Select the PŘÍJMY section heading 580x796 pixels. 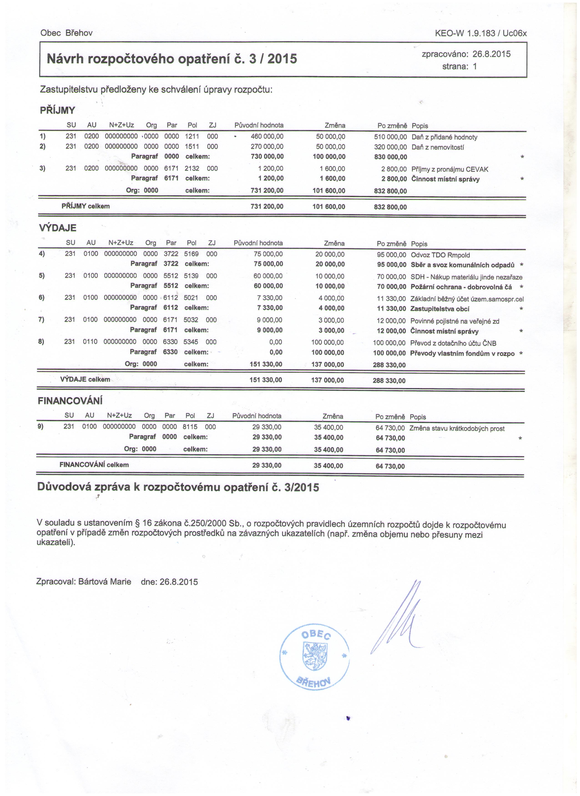pyautogui.click(x=57, y=110)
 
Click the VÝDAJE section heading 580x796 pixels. pyautogui.click(x=57, y=228)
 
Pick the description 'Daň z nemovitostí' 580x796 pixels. pyautogui.click(x=437, y=147)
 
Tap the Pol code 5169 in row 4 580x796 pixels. pyautogui.click(x=191, y=254)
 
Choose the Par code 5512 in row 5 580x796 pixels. pyautogui.click(x=171, y=276)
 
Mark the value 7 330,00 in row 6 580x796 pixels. pyautogui.click(x=269, y=298)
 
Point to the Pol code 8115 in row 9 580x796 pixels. pyautogui.click(x=190, y=427)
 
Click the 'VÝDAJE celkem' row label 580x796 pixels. pyautogui.click(x=85, y=379)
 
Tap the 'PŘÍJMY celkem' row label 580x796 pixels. pyautogui.click(x=85, y=206)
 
